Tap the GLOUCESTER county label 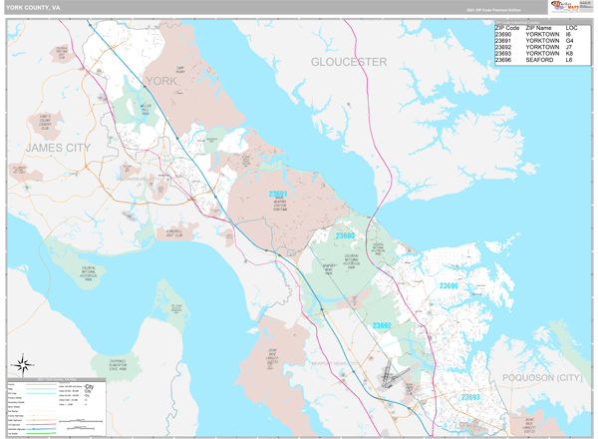click(348, 62)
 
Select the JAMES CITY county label click(57, 148)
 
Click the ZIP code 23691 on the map click(278, 195)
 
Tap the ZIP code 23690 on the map click(345, 235)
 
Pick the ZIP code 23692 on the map click(384, 325)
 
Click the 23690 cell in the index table click(505, 35)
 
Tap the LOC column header click(571, 27)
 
